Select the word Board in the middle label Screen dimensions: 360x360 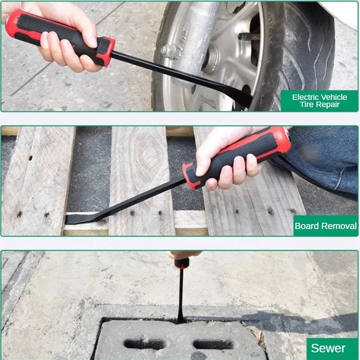pos(306,226)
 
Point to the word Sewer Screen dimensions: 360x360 pos(328,348)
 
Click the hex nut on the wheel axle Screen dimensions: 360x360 pos(169,51)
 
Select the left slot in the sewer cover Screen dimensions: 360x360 pos(144,344)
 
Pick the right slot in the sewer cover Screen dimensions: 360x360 pos(213,345)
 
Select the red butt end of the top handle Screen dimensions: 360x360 pos(14,24)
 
